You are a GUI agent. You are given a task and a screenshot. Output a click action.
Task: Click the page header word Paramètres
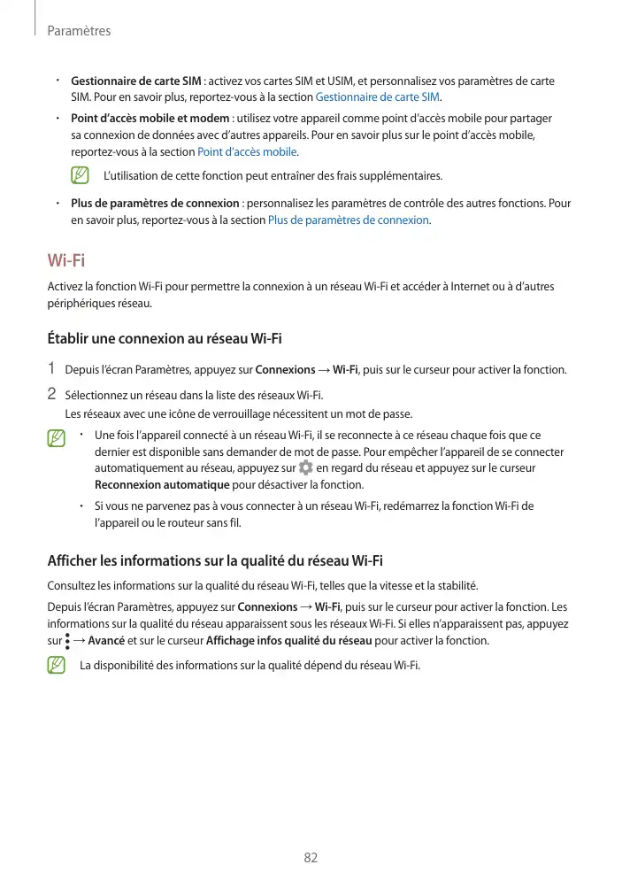(78, 31)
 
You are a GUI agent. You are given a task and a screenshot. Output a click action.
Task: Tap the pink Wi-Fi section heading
(66, 260)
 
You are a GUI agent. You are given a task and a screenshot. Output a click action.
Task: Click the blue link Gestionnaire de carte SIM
(378, 96)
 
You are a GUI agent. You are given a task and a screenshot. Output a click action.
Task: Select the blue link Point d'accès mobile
(247, 151)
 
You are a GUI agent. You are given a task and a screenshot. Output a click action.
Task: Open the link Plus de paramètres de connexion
(348, 220)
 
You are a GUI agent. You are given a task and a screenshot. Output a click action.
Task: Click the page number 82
(311, 858)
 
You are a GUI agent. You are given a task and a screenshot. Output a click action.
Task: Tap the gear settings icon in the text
(305, 467)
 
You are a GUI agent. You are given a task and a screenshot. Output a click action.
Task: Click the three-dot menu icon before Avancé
(67, 640)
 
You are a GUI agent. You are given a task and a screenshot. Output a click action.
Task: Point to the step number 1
(51, 369)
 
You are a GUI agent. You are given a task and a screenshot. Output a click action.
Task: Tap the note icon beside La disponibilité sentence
(57, 665)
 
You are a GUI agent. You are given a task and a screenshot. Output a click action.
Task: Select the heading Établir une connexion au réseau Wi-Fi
(165, 338)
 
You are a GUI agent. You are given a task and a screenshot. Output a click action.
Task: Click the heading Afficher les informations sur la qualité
(214, 560)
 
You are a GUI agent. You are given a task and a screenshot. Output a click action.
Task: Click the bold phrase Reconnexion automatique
(162, 485)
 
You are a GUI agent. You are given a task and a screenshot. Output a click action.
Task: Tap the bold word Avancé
(106, 641)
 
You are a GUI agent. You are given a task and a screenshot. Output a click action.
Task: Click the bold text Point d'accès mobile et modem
(149, 118)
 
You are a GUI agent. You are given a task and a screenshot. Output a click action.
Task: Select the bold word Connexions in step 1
(284, 370)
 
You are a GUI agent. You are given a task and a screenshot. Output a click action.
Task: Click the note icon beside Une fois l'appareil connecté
(57, 437)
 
